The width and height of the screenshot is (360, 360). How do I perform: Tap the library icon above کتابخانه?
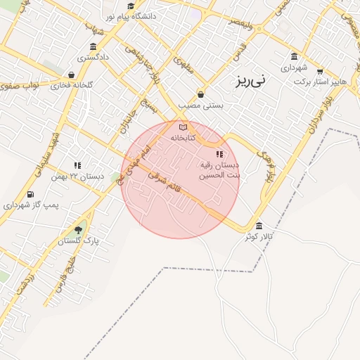pyautogui.click(x=184, y=127)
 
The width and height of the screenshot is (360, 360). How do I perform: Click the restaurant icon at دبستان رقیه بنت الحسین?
pyautogui.click(x=219, y=153)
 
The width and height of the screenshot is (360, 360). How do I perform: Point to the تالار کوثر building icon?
pyautogui.click(x=259, y=226)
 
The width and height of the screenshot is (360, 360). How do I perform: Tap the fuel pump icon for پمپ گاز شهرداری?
pyautogui.click(x=30, y=194)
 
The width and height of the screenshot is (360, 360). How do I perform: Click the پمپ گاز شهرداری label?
pyautogui.click(x=30, y=205)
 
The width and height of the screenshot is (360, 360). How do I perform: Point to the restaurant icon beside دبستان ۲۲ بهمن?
pyautogui.click(x=77, y=165)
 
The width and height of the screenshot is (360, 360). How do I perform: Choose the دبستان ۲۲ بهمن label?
pyautogui.click(x=77, y=176)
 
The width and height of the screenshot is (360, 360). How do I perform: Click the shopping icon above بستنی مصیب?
pyautogui.click(x=201, y=94)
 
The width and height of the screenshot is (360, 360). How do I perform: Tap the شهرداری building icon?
pyautogui.click(x=293, y=56)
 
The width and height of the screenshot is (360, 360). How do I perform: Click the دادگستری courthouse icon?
pyautogui.click(x=94, y=46)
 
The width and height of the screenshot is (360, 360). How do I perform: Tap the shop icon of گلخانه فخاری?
pyautogui.click(x=71, y=74)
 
